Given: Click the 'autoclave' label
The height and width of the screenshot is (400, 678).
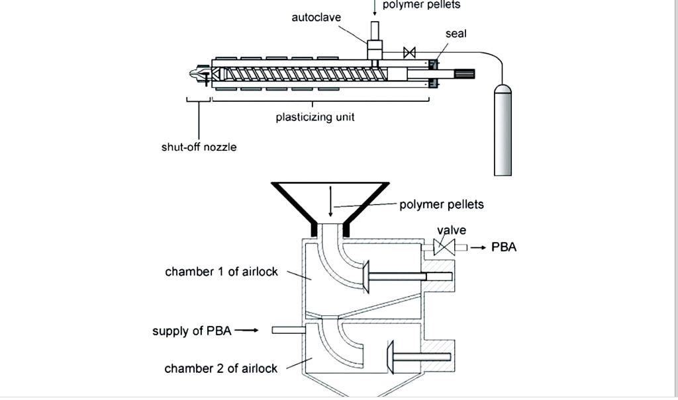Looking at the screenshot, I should (x=316, y=17).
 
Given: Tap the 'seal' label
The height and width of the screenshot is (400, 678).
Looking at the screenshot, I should (x=456, y=33).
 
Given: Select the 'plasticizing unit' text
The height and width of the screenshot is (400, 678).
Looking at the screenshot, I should (x=315, y=117).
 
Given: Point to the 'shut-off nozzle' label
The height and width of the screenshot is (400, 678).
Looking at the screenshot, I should (x=199, y=147).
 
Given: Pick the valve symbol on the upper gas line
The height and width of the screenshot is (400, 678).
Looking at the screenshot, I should (x=409, y=52).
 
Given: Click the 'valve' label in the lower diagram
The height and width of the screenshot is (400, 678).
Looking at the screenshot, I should (x=452, y=230).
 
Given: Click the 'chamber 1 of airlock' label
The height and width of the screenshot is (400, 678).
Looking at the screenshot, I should (x=221, y=272).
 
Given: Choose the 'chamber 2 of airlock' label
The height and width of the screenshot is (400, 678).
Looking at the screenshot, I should (x=220, y=368).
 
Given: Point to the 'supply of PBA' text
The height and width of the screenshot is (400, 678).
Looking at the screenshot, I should (x=192, y=331).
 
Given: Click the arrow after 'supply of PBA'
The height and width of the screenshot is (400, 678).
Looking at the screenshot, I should (x=246, y=330).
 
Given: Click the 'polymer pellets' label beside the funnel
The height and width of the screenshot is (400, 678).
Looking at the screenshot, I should (x=442, y=204).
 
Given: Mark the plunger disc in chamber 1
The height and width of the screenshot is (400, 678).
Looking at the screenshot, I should (x=364, y=276).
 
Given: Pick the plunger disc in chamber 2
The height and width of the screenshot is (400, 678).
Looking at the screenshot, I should (x=390, y=357).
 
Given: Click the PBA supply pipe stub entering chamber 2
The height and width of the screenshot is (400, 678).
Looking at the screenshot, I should (x=287, y=329).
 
